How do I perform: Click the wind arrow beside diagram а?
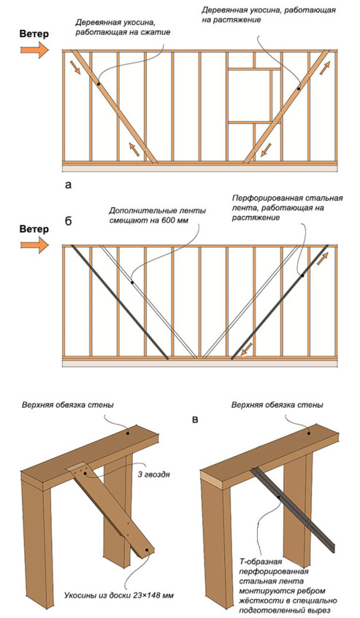[34, 50]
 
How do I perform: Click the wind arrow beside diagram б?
[34, 244]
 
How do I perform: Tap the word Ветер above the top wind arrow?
[34, 34]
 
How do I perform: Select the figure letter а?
[69, 185]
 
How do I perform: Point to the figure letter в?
[195, 420]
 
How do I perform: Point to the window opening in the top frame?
[249, 95]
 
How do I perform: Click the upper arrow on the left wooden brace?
[77, 67]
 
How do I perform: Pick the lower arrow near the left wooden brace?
[134, 150]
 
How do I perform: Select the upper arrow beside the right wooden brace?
[324, 69]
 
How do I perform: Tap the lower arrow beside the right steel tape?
[245, 350]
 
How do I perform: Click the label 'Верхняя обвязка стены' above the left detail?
[68, 405]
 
